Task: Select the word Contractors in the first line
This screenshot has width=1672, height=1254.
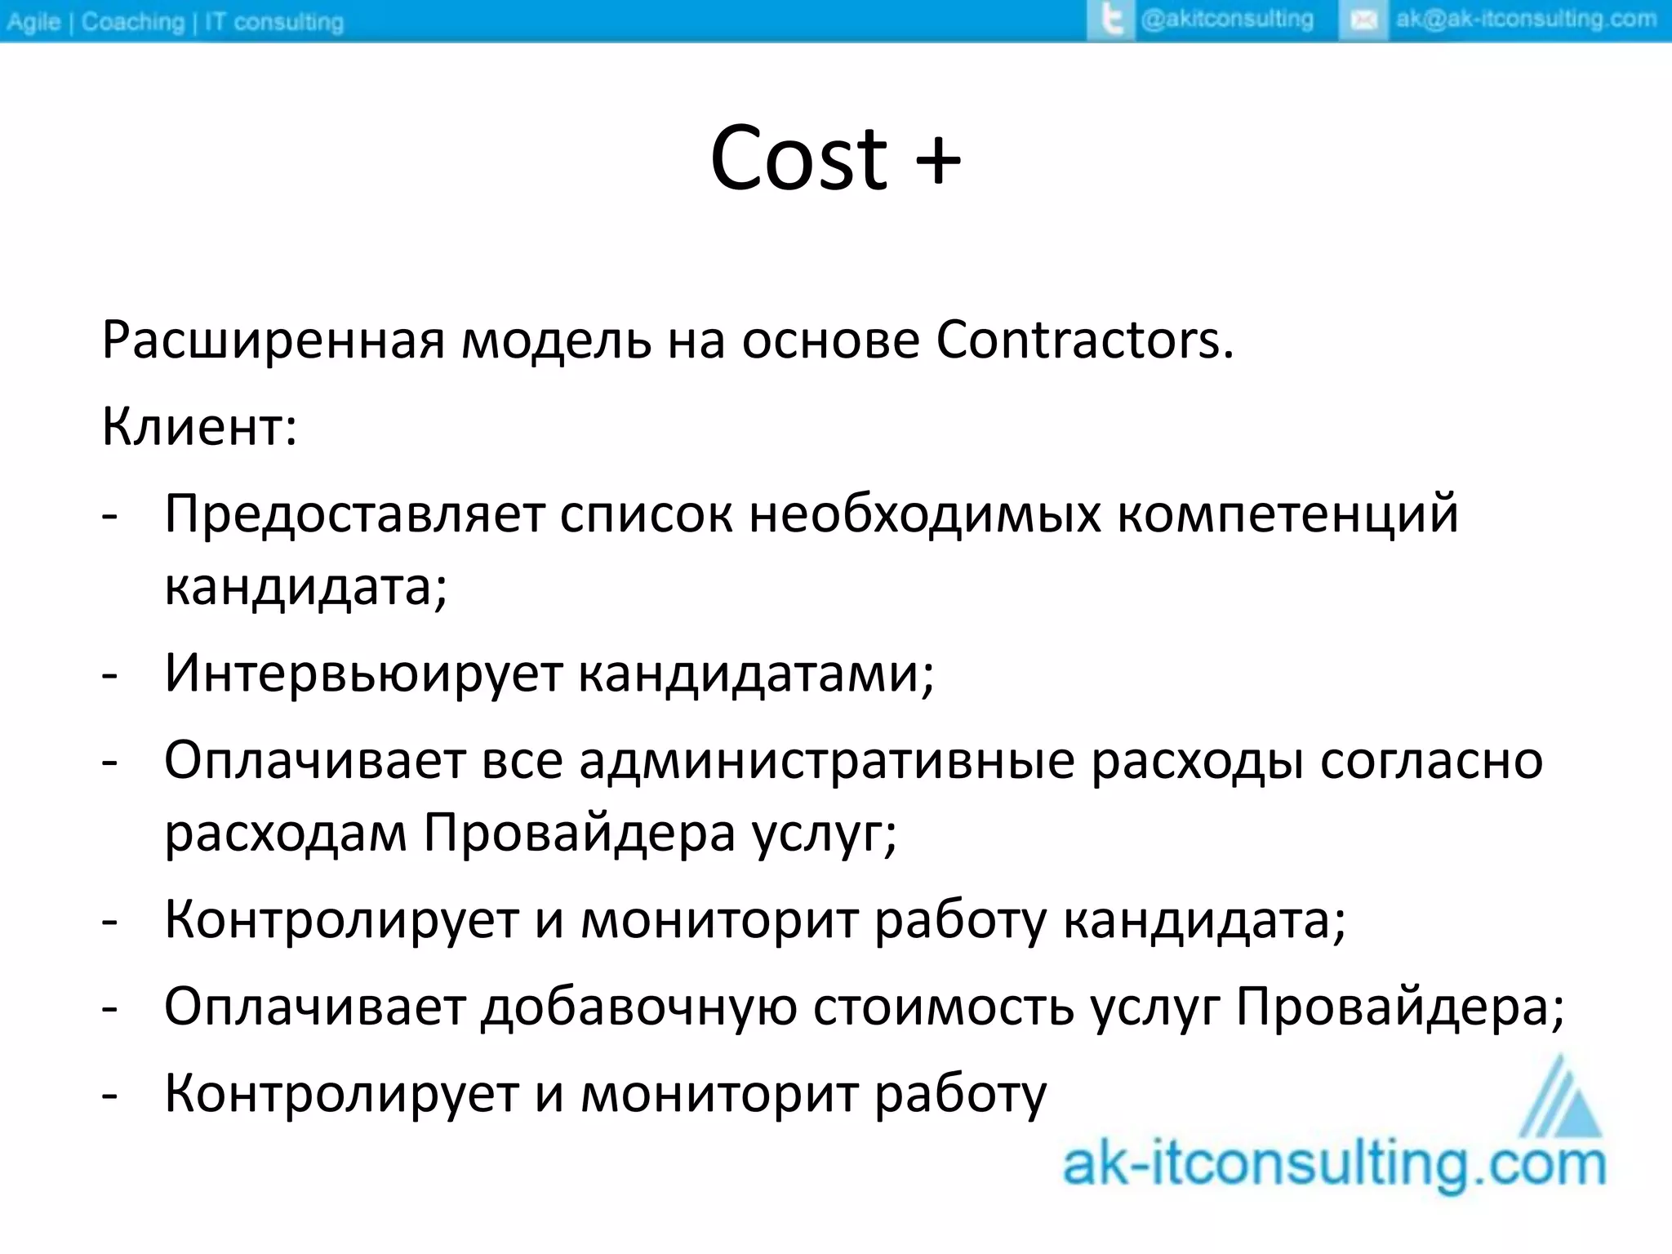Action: click(x=1084, y=340)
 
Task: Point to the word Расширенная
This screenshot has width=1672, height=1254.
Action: click(x=273, y=341)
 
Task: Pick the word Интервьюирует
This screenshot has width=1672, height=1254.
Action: click(x=363, y=673)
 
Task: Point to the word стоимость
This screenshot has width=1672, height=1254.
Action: click(x=943, y=1007)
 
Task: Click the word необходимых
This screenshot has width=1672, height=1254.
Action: click(x=925, y=514)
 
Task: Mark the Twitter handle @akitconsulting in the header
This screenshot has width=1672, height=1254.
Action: click(x=1226, y=20)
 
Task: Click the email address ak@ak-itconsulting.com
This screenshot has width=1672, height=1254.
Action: click(x=1526, y=20)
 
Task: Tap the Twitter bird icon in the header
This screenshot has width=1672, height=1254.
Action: click(x=1111, y=20)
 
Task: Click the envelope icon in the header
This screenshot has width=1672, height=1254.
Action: click(x=1363, y=20)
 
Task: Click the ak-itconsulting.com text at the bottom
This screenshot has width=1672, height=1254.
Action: click(x=1334, y=1165)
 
